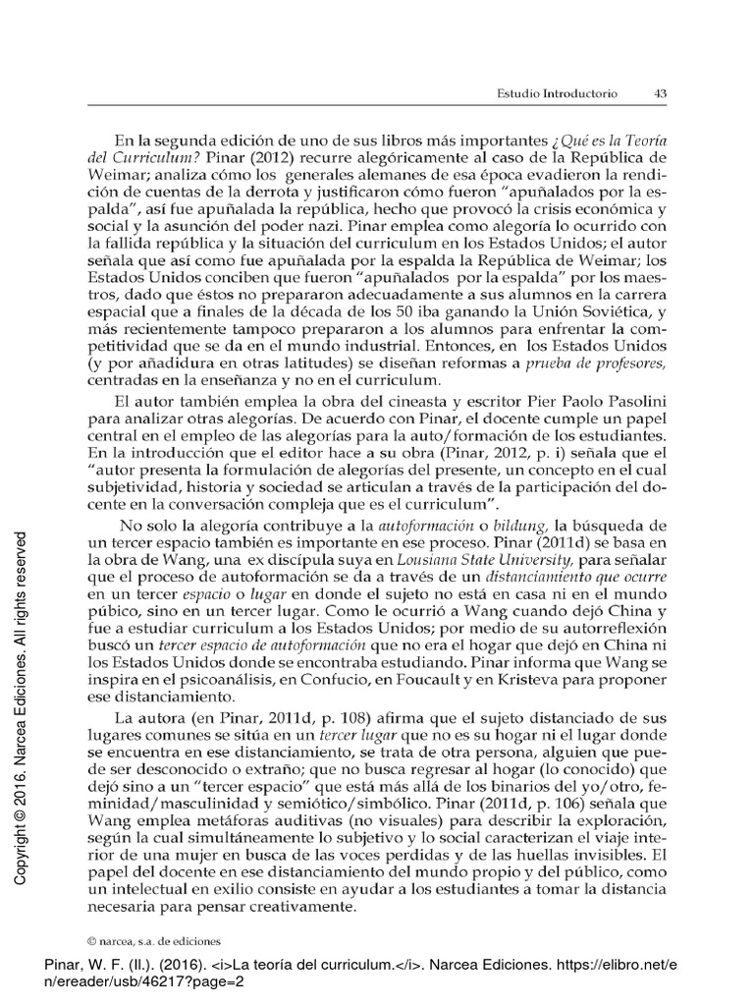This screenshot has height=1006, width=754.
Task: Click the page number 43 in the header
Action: pos(660,94)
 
